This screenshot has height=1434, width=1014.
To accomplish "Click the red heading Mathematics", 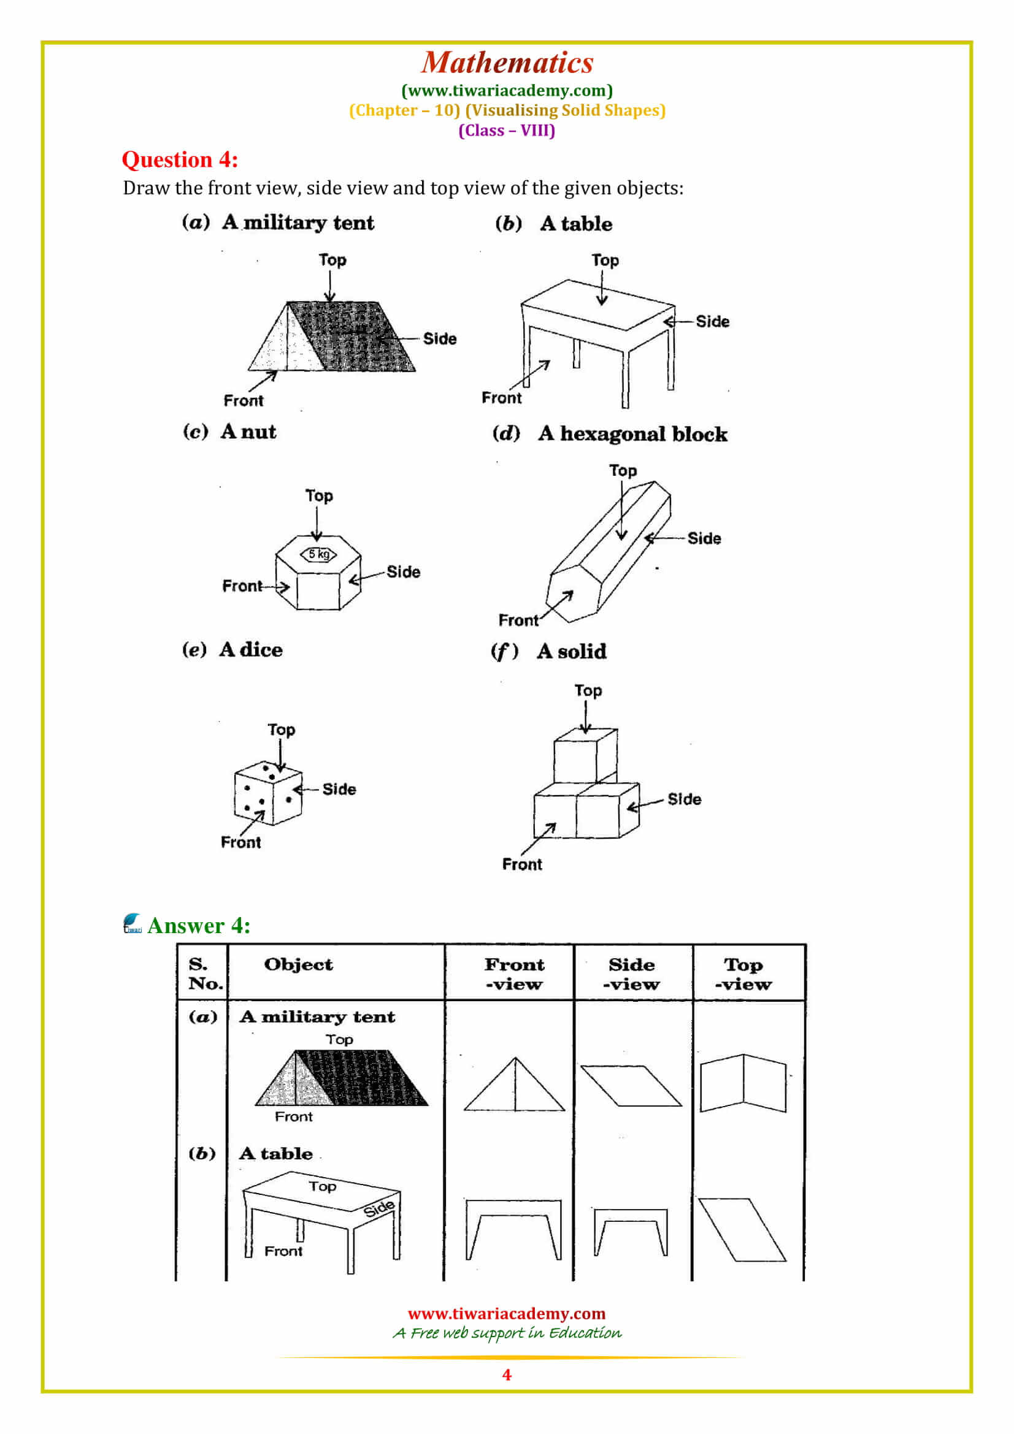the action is coord(507,63).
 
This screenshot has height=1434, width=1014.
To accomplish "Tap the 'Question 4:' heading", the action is coord(180,159).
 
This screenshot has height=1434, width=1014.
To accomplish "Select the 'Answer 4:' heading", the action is coord(199,925).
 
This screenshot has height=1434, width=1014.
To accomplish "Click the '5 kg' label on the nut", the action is coord(318,554).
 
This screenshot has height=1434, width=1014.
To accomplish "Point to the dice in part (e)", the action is coord(268,793).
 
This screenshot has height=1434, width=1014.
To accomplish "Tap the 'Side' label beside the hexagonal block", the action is coord(704,538).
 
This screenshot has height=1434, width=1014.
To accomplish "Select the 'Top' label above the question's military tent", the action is coord(332,260).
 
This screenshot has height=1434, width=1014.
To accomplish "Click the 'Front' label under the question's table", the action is coord(501,398).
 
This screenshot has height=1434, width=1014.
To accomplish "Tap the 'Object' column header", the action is coord(298,964).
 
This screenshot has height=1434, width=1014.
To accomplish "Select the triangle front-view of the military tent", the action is coord(514,1085).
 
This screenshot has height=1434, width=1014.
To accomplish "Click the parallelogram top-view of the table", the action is coord(742,1229).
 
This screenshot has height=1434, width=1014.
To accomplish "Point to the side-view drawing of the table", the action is coord(631,1232).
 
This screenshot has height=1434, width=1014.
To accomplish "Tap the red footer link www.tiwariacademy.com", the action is coord(507,1313).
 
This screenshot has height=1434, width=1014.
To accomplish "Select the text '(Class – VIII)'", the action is coord(507,131).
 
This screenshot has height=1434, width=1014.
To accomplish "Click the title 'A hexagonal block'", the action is coord(633,433).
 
